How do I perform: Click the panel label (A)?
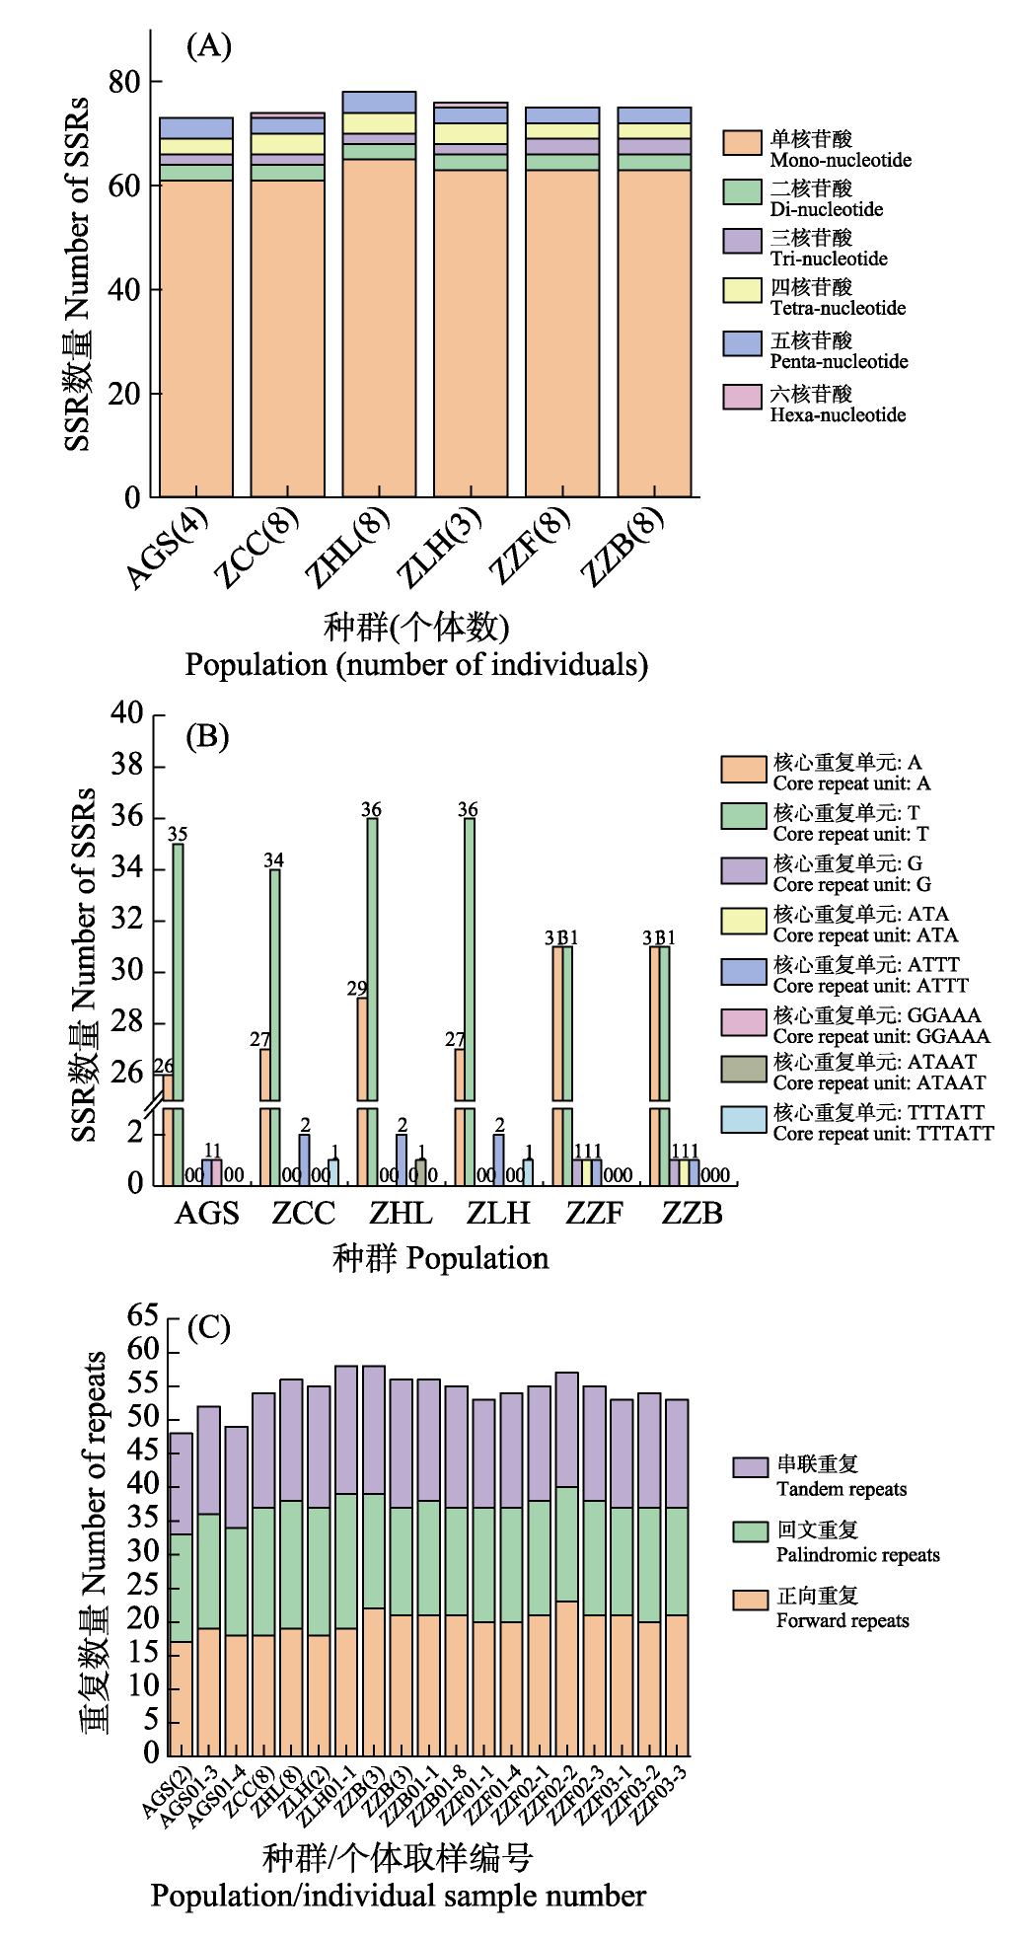(x=208, y=45)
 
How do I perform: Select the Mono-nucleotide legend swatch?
(x=742, y=142)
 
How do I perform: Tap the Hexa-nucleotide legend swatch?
(x=742, y=397)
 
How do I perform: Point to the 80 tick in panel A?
(x=125, y=82)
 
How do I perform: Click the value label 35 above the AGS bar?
(x=178, y=834)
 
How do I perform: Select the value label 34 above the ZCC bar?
(x=274, y=860)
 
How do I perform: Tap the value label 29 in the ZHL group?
(x=357, y=988)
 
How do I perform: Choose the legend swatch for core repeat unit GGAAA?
(x=744, y=1022)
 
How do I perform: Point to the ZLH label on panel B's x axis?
(x=498, y=1213)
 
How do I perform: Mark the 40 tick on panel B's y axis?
(x=127, y=712)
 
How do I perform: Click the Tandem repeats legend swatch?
(x=750, y=1467)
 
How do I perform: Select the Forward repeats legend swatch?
(x=750, y=1600)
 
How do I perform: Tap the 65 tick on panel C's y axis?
(x=143, y=1315)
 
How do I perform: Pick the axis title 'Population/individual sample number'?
(x=399, y=1896)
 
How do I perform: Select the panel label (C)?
(x=208, y=1328)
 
